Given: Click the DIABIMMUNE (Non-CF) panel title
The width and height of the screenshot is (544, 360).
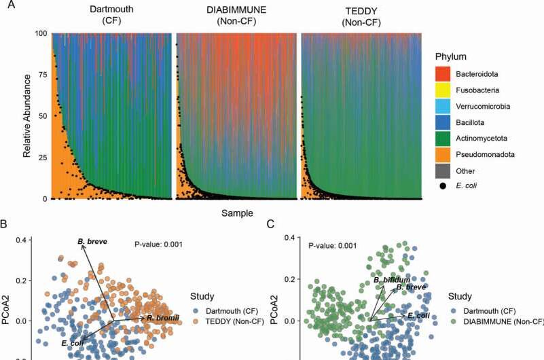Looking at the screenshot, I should [x=236, y=15].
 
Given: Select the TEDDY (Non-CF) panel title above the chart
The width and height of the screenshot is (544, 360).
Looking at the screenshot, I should [x=361, y=15].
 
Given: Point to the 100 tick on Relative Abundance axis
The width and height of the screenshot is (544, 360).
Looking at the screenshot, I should [x=39, y=34].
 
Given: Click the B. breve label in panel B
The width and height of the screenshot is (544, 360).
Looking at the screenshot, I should [x=92, y=241].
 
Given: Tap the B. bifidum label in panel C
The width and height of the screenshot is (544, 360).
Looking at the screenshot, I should [x=392, y=280].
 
